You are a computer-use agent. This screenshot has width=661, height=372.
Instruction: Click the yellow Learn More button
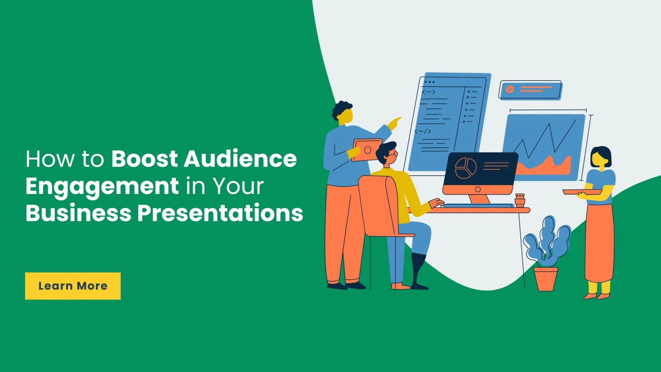[73, 286]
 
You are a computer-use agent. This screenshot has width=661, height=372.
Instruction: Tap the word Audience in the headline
[240, 159]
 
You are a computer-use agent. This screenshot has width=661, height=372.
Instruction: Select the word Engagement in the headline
[102, 186]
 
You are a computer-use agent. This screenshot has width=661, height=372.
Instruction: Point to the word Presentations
[220, 213]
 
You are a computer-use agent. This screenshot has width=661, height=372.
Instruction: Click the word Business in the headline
[78, 213]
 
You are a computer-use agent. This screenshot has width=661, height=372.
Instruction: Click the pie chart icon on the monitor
[466, 168]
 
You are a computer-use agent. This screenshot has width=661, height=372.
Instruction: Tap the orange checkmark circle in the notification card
[510, 89]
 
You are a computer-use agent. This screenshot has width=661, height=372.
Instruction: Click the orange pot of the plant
[546, 279]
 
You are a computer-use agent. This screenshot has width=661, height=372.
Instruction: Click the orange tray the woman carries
[582, 192]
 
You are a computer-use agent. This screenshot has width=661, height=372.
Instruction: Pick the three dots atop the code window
[429, 82]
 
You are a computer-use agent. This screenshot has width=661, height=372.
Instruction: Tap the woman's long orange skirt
[599, 241]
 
